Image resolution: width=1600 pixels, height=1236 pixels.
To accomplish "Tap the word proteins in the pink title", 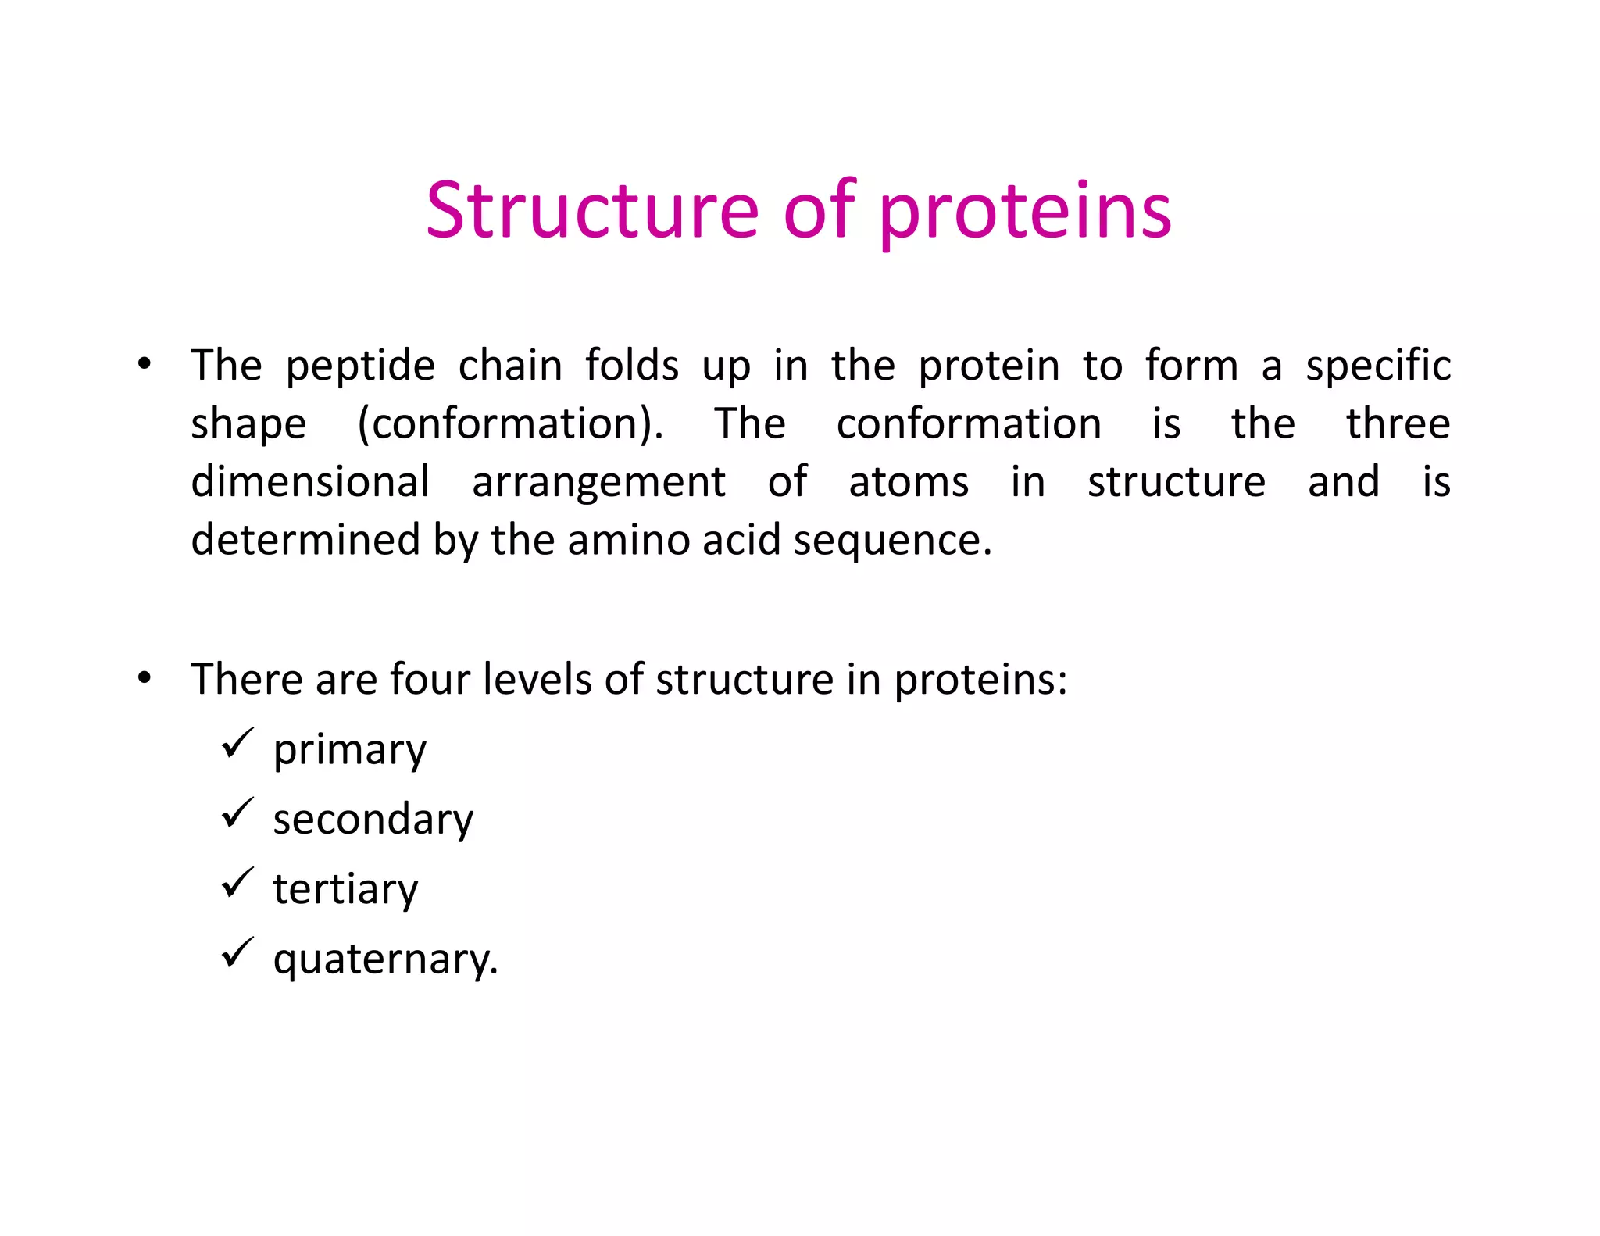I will coord(1025,213).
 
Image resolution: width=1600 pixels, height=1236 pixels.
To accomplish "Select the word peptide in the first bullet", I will coord(359,366).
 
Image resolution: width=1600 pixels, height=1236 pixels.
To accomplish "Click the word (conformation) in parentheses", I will coord(509,424).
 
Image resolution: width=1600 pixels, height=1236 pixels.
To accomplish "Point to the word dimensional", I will coord(310,481).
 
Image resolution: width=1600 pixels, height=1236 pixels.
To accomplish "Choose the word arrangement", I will coord(598,483).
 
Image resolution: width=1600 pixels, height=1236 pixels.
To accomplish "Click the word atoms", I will coord(909,482).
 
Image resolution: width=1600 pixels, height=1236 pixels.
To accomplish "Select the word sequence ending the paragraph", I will coord(891,541).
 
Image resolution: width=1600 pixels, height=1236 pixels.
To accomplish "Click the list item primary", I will coord(349,750).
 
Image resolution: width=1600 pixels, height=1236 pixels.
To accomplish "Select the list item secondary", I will coord(373,820).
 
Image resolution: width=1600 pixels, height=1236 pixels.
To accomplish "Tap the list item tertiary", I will coord(345,889).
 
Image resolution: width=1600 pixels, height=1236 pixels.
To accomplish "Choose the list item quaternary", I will coord(384,959).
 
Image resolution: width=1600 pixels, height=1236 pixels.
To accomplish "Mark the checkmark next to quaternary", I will coord(237,952).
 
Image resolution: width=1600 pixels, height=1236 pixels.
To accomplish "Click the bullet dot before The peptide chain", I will coord(144,364).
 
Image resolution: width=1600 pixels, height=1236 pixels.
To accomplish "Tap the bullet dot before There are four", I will coord(144,677).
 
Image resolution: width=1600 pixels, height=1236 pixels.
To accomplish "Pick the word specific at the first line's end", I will coord(1378,366).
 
